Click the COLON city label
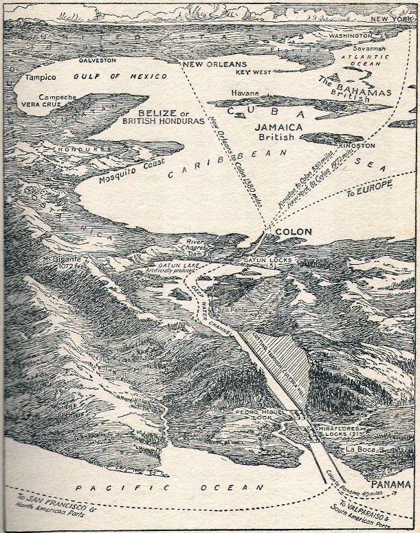tap(294, 232)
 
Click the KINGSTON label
tap(376, 146)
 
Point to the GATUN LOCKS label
tap(269, 261)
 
